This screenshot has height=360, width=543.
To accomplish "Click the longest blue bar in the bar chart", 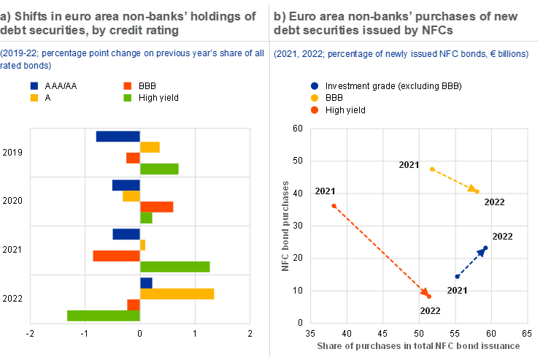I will (118, 137).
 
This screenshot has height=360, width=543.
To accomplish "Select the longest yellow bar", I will (177, 294).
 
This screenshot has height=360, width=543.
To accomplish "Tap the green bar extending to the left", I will (103, 316).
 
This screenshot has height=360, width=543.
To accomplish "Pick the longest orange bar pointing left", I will (116, 256).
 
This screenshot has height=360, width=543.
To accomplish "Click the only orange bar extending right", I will (156, 207).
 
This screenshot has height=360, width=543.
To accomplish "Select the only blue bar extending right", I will (146, 283).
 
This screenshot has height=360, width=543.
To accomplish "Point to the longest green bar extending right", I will (174, 267).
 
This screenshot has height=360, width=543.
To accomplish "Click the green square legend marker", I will (127, 98).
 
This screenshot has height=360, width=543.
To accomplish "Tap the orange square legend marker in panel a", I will (127, 85).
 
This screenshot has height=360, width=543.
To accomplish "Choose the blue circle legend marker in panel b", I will (315, 85).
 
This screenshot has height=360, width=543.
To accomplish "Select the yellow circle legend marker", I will (315, 98).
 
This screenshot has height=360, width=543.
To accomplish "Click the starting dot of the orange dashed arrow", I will (334, 206).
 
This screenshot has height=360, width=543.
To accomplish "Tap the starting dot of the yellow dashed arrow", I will (433, 169).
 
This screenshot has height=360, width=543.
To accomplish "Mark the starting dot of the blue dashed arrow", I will (458, 277).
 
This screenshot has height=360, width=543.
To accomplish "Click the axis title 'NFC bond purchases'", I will (285, 226).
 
